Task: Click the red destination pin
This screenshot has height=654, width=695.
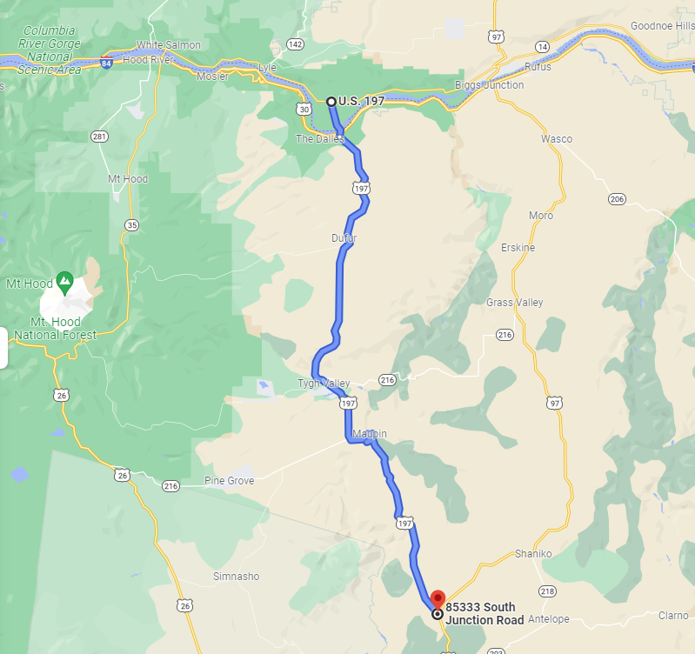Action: click(x=438, y=599)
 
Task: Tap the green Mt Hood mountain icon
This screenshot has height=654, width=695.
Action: click(x=64, y=280)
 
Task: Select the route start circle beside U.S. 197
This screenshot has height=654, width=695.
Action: click(x=331, y=102)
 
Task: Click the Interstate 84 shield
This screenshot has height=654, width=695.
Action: click(x=106, y=63)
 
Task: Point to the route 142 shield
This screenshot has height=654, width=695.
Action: click(x=296, y=44)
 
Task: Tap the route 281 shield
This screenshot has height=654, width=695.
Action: click(x=100, y=137)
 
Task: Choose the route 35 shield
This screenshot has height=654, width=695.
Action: click(x=131, y=224)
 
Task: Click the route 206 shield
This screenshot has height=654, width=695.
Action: click(x=618, y=199)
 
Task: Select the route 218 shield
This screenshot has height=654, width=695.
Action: click(x=547, y=591)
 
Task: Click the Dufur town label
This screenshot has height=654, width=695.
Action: click(x=344, y=237)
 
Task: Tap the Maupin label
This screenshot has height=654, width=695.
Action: click(x=370, y=433)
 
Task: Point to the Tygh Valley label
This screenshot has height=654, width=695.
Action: click(x=324, y=384)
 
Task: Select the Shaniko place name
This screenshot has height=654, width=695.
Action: click(x=533, y=554)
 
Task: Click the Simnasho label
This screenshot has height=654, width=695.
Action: click(x=236, y=577)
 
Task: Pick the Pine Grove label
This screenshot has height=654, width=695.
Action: click(x=229, y=481)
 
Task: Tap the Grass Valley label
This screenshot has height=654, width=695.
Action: click(x=514, y=303)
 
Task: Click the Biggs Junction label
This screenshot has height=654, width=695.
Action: click(x=489, y=85)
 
